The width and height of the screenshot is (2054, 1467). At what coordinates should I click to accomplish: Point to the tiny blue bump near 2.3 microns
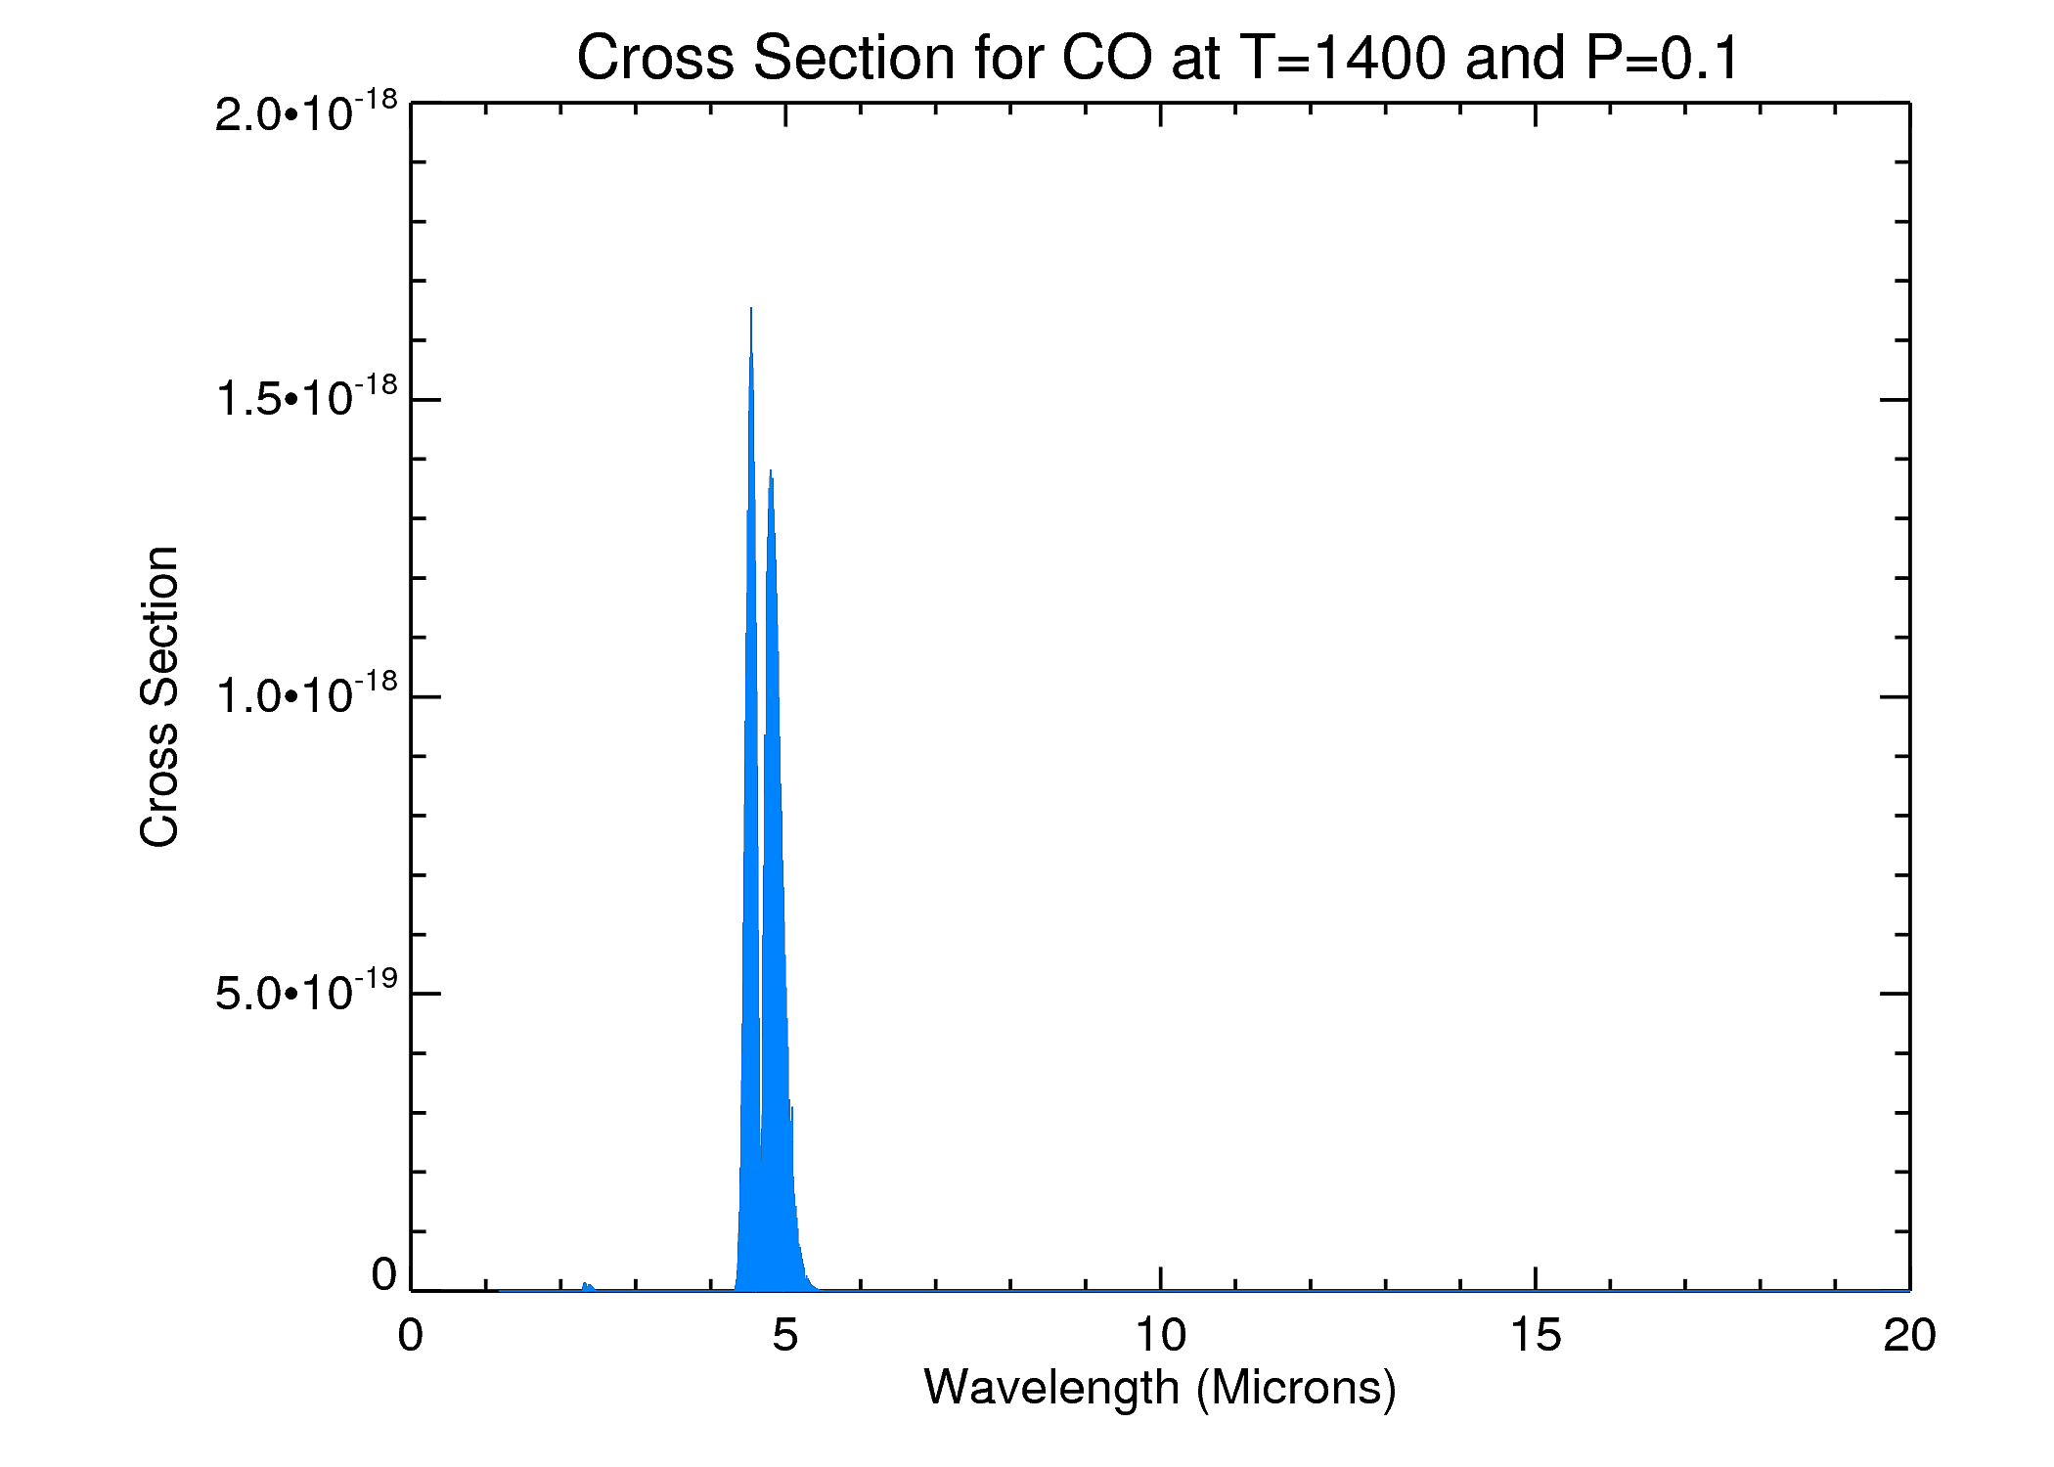585,1285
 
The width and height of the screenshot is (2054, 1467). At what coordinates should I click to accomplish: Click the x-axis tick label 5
784,1336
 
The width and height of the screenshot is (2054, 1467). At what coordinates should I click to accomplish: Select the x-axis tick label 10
1160,1336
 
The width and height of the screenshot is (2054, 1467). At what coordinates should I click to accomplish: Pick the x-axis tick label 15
1535,1336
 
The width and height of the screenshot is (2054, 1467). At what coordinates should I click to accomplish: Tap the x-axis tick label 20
1909,1336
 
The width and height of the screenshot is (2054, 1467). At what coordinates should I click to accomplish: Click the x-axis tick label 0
411,1336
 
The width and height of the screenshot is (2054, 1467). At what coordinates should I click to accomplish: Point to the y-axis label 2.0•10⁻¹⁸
306,113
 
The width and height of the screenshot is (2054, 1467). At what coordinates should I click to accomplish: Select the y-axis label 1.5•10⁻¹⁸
306,398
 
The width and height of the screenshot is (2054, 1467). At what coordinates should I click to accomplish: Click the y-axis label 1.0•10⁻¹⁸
306,695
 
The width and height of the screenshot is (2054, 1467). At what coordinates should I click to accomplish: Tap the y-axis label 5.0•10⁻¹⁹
306,993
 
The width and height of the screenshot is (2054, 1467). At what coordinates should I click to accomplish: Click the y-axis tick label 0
383,1275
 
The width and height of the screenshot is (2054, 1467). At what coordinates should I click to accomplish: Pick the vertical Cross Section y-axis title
159,696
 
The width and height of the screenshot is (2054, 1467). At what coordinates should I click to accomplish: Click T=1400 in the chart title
1342,59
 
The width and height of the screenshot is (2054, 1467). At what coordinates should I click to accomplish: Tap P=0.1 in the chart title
1663,59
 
